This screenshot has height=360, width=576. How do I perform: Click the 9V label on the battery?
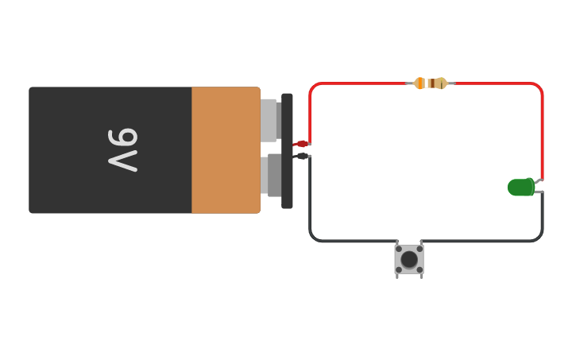[123, 149]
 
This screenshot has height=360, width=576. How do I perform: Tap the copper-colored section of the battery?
[226, 149]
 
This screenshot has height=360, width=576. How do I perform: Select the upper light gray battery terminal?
[269, 120]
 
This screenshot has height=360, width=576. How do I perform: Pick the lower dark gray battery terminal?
[274, 175]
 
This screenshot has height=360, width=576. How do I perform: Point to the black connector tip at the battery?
[302, 156]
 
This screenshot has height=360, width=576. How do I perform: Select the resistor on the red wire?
[431, 83]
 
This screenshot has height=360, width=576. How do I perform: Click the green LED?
[520, 188]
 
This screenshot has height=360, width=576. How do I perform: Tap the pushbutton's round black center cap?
[409, 260]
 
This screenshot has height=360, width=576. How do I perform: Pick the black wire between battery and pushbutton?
[334, 240]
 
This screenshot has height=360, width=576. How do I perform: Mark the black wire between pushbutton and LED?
[493, 240]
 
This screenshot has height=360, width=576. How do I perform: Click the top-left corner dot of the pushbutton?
[399, 249]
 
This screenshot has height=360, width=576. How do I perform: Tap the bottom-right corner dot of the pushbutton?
[419, 270]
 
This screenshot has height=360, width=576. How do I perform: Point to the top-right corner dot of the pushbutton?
[419, 249]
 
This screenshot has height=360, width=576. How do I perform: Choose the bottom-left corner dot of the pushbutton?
[399, 270]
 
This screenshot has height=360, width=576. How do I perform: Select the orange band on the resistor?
[420, 83]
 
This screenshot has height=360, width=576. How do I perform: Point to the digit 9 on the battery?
[124, 138]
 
